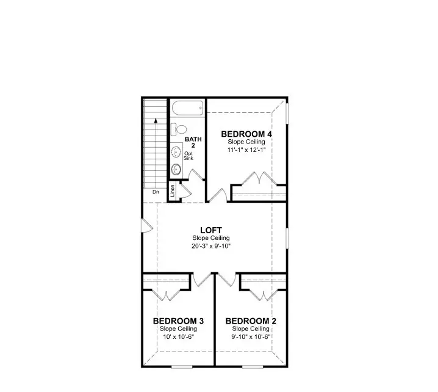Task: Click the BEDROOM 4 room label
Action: click(246, 134)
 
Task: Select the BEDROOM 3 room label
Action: click(178, 321)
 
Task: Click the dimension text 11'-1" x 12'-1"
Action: click(246, 150)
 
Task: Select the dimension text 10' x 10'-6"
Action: click(178, 336)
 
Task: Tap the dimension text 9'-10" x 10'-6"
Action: click(251, 336)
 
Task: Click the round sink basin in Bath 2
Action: click(176, 169)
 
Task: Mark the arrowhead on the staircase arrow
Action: click(156, 122)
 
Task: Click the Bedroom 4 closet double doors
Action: click(254, 180)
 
